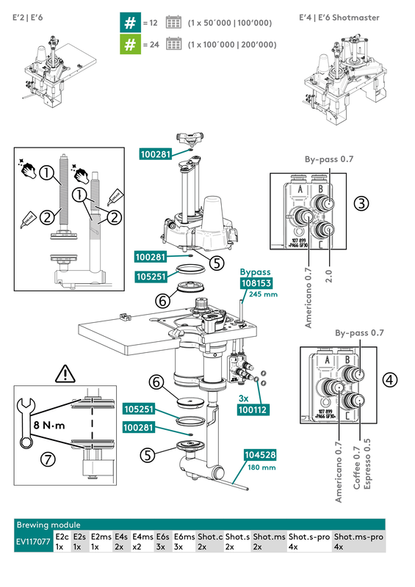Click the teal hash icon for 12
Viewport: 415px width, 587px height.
point(129,23)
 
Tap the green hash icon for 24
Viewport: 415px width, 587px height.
point(129,45)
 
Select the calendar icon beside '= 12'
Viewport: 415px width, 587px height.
point(174,23)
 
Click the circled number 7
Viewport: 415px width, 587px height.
point(48,459)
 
